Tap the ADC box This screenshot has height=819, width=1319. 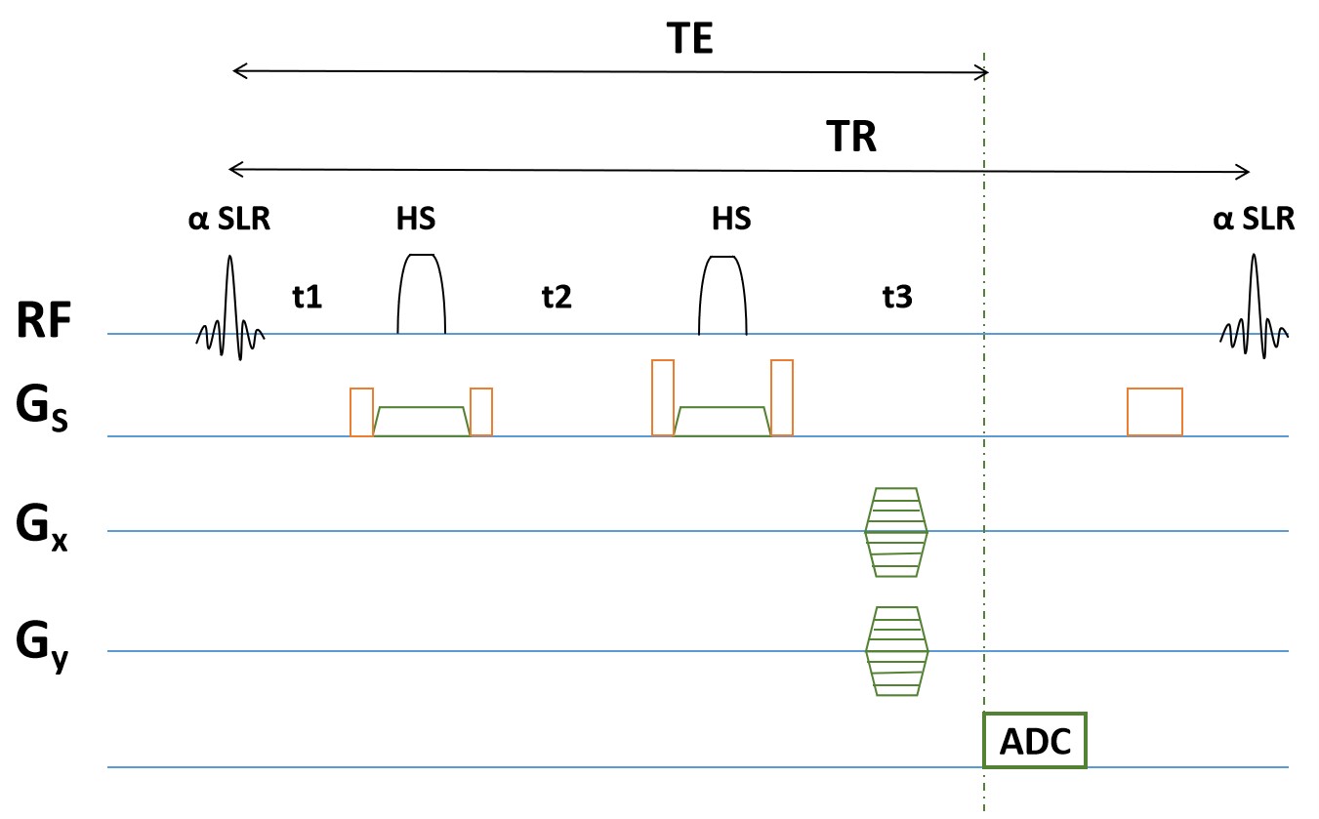(1034, 742)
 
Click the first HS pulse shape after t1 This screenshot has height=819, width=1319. (422, 294)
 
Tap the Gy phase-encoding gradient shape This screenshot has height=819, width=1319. (896, 651)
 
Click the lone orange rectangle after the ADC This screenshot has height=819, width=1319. (1155, 411)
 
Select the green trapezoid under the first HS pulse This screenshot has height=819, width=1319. (421, 421)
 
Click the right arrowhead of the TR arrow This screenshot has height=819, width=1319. (1244, 173)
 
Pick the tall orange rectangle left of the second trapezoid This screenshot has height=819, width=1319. (663, 397)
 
